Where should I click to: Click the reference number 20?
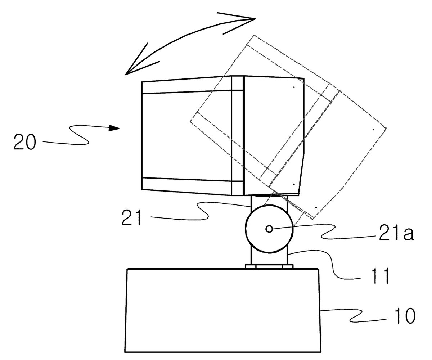pos(25,142)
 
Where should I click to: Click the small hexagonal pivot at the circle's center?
pos(269,229)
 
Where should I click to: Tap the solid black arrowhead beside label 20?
pos(114,128)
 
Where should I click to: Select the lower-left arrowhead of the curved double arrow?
pos(139,62)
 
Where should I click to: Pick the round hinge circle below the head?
pos(269,229)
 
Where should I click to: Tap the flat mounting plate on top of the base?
pos(269,266)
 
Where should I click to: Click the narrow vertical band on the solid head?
pos(238,135)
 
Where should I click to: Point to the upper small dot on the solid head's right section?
pos(294,87)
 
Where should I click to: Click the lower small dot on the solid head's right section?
pos(294,184)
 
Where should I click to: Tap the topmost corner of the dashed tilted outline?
pos(254,35)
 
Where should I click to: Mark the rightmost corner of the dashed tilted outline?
pos(386,128)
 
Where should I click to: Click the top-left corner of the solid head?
pos(142,82)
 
